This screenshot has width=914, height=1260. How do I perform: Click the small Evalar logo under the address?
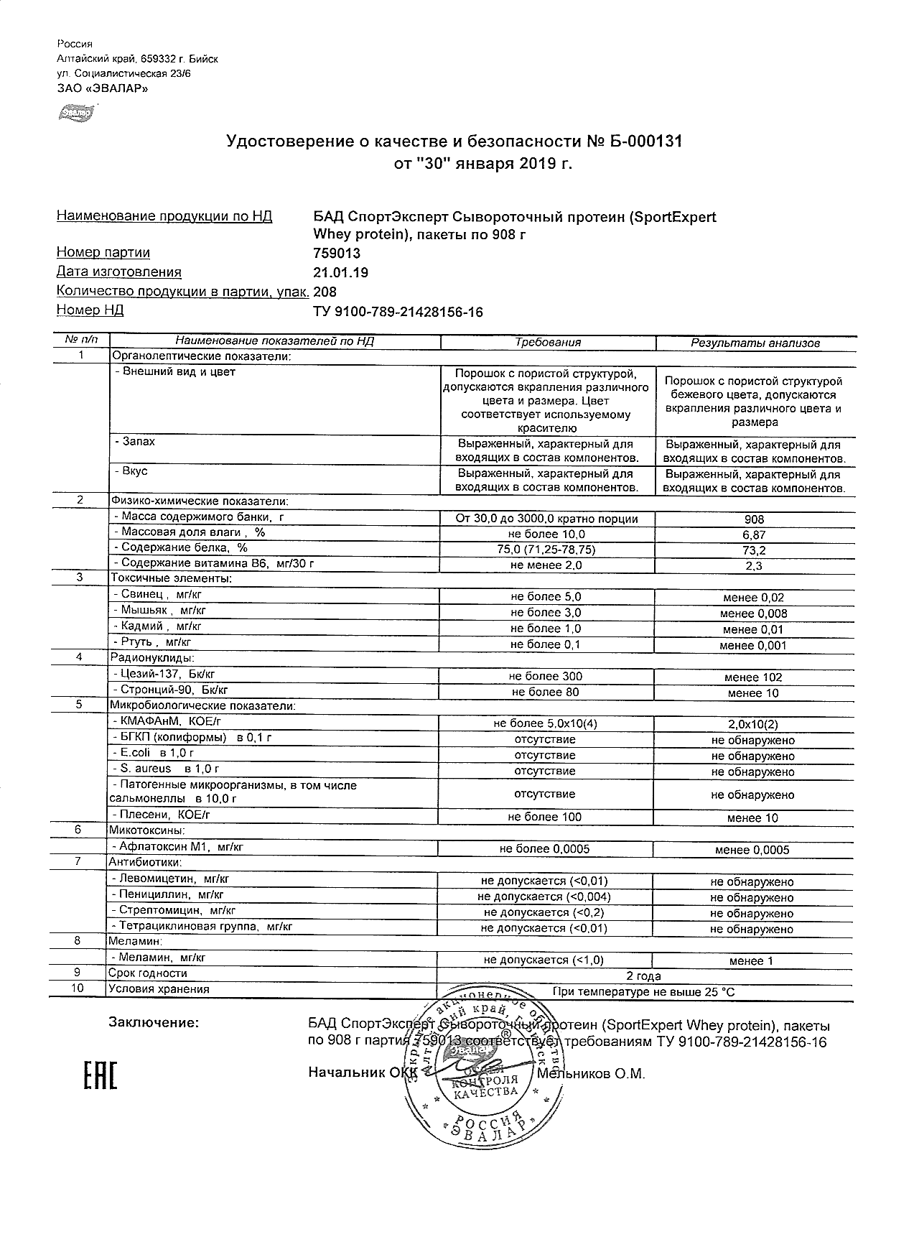pyautogui.click(x=75, y=112)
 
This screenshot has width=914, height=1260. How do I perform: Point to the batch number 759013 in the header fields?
pyautogui.click(x=337, y=253)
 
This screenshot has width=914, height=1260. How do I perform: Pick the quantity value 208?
pyautogui.click(x=325, y=292)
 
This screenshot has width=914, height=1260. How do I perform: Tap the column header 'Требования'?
pyautogui.click(x=548, y=343)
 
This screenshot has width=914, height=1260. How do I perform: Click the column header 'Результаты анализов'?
pyautogui.click(x=755, y=343)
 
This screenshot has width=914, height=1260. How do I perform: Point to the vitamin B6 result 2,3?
pyautogui.click(x=754, y=566)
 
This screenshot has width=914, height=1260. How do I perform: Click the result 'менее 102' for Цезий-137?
pyautogui.click(x=754, y=677)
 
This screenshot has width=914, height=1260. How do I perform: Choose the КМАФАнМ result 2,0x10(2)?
pyautogui.click(x=753, y=725)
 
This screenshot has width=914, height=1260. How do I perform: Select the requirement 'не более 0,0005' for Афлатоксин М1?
pyautogui.click(x=546, y=849)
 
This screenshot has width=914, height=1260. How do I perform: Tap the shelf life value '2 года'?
pyautogui.click(x=644, y=976)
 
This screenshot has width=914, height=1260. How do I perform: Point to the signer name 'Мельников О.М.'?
pyautogui.click(x=591, y=1074)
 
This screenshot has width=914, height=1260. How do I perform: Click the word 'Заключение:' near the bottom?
pyautogui.click(x=153, y=1023)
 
